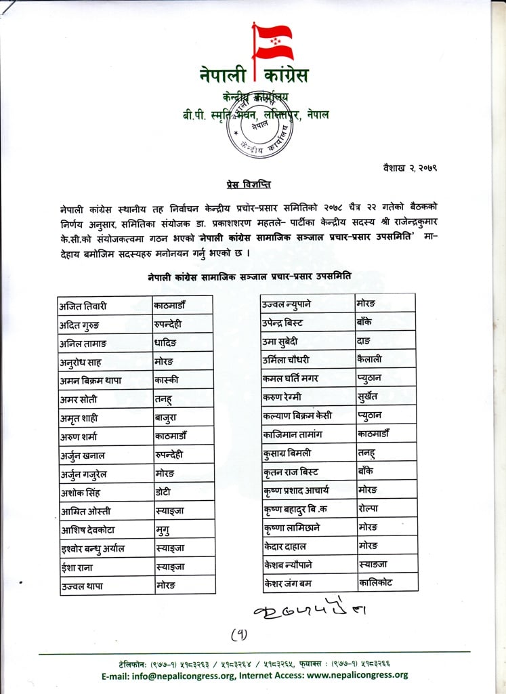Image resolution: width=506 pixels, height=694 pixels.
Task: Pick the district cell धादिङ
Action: [168, 343]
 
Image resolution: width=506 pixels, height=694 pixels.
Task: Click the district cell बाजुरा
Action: [166, 417]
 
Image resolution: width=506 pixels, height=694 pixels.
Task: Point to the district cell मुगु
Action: [164, 530]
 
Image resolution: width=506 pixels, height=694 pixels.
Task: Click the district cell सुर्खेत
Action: [369, 396]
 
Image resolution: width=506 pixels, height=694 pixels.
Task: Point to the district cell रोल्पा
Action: [369, 508]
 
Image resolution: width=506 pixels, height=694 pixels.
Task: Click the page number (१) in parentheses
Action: [240, 635]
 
